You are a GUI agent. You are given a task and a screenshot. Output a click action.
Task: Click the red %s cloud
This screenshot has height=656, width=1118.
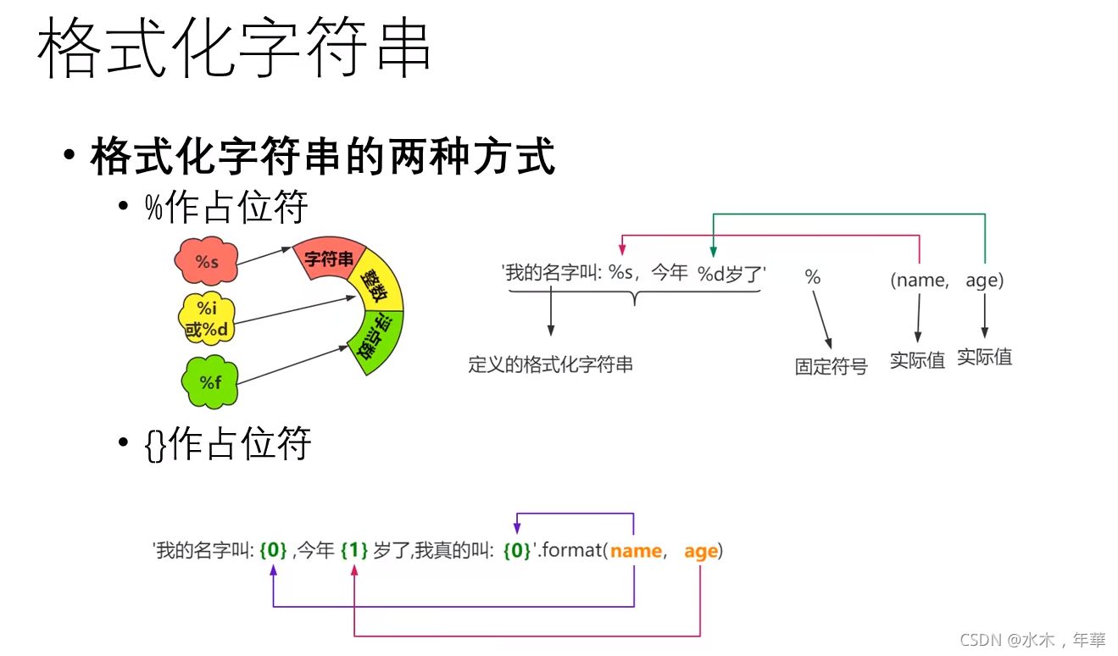pos(207,262)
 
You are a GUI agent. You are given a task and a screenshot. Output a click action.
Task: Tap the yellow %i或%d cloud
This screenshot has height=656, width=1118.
pos(207,319)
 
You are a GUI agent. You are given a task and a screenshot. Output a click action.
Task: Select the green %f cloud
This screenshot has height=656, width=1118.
pos(210,382)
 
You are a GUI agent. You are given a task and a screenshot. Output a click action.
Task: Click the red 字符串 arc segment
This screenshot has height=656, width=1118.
pos(329,259)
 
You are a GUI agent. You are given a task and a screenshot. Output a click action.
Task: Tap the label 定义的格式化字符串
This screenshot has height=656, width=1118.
pos(550,365)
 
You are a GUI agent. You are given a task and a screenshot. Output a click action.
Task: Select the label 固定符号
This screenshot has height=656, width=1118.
pos(831,366)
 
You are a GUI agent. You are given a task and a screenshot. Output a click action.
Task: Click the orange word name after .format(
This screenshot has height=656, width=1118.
pos(636,551)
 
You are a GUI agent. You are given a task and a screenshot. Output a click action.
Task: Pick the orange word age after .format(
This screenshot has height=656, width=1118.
pos(701,551)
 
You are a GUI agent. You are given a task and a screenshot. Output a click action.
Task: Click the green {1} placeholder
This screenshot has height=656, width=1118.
pos(353,551)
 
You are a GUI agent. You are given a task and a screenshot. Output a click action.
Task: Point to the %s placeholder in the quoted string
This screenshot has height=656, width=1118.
pos(621,274)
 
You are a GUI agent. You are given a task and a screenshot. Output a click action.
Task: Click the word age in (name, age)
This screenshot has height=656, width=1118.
pos(984,280)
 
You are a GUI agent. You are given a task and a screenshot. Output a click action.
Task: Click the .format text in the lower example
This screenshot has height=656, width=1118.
pos(570,551)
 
